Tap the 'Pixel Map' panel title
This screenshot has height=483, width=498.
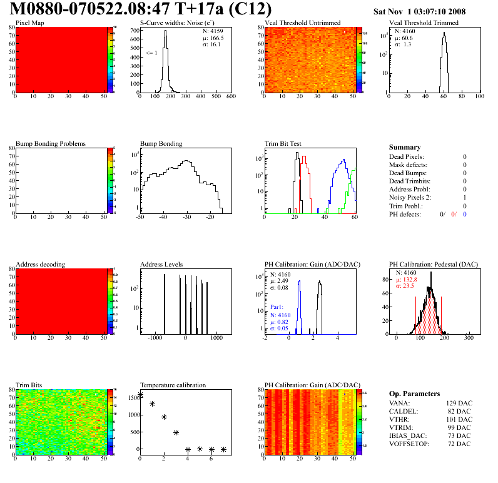[30, 23]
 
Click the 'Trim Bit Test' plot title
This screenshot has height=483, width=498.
[283, 143]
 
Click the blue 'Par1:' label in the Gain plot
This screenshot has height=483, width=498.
[277, 307]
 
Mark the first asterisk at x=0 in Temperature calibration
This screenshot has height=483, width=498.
[140, 395]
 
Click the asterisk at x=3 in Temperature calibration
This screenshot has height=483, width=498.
[176, 432]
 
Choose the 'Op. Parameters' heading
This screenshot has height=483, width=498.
[414, 394]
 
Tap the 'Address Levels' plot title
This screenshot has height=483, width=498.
[161, 265]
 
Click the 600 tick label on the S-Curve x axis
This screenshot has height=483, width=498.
[230, 96]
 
